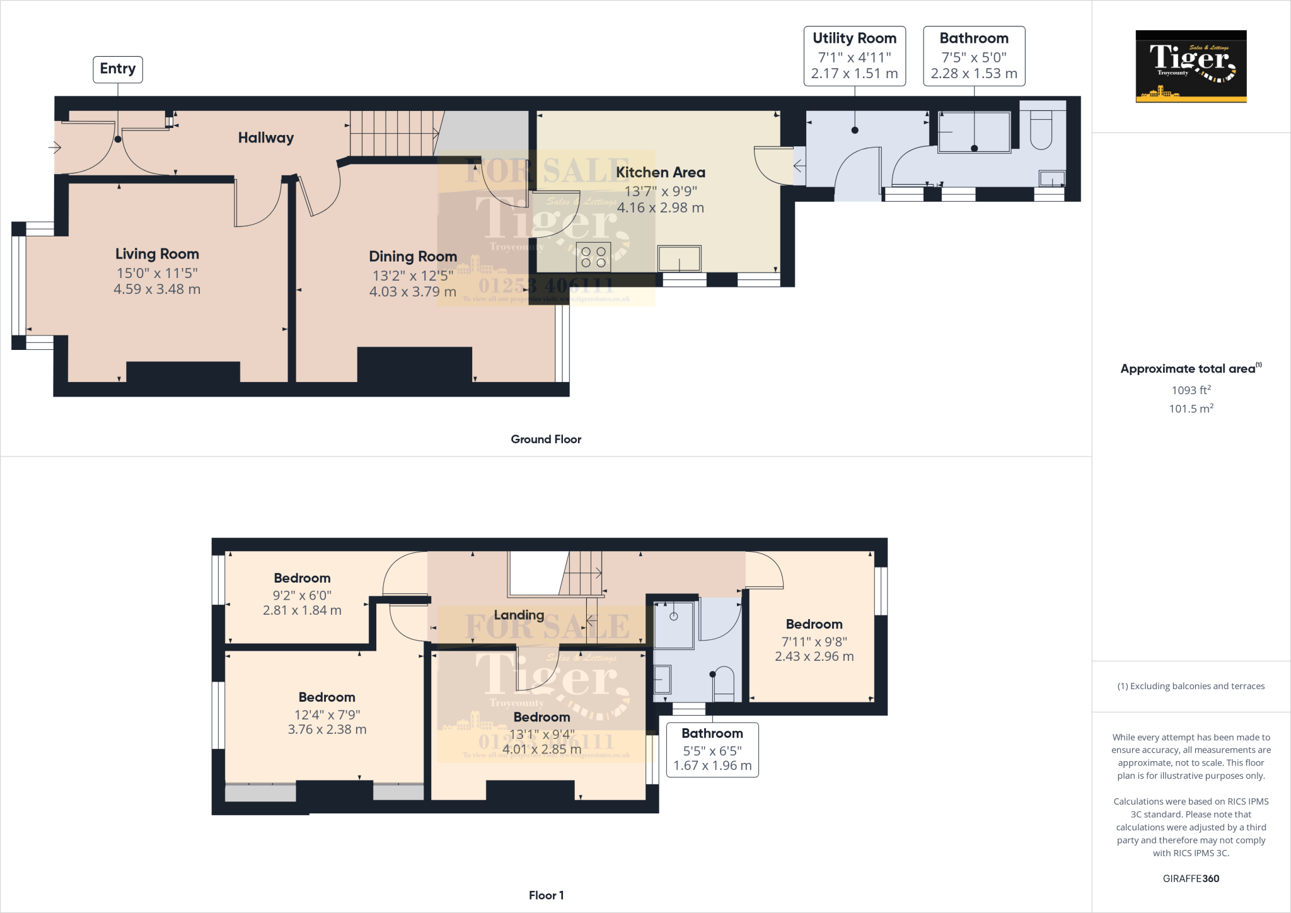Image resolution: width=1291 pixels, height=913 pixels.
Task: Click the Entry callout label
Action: (x=118, y=69)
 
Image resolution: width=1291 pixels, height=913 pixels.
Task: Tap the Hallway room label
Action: (x=265, y=137)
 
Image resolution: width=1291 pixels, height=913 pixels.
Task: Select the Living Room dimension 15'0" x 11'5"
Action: (x=157, y=273)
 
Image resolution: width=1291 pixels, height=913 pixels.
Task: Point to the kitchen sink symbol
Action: (x=679, y=259)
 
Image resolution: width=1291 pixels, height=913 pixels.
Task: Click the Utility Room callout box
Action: (x=854, y=55)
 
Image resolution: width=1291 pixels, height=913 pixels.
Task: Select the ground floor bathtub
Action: (x=974, y=132)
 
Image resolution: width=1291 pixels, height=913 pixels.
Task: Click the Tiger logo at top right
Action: (x=1191, y=66)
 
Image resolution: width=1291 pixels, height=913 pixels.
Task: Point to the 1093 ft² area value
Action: (x=1191, y=390)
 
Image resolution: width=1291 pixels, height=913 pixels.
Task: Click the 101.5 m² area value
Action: (x=1191, y=409)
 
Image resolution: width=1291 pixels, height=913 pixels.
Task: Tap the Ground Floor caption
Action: (x=546, y=439)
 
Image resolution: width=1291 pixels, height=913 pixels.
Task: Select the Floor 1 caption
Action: (x=546, y=895)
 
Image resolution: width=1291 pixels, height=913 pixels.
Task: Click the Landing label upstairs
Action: (x=519, y=615)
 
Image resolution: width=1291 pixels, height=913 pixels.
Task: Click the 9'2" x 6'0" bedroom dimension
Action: (x=302, y=595)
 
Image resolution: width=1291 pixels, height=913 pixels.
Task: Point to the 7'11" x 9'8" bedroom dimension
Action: (x=814, y=642)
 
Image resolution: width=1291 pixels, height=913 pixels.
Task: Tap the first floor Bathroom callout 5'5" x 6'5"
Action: (x=712, y=749)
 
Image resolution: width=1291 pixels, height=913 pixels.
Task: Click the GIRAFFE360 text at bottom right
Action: (x=1191, y=878)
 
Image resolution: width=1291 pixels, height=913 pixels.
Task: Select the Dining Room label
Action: (x=413, y=257)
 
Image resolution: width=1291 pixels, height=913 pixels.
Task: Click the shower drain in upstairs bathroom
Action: (x=673, y=616)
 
